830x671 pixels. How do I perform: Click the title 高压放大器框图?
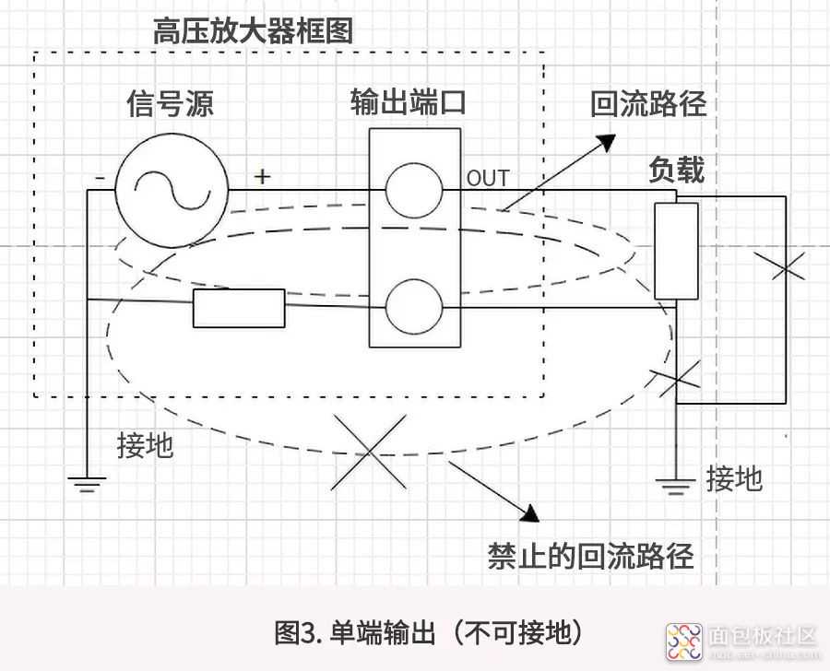(x=253, y=30)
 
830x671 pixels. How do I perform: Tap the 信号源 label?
(x=171, y=102)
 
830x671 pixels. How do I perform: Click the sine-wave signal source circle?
(x=171, y=191)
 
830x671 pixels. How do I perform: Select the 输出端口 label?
(x=408, y=101)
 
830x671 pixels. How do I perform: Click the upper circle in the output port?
(x=414, y=190)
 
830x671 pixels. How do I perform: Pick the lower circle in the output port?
(x=414, y=307)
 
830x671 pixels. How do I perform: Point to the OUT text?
(x=488, y=178)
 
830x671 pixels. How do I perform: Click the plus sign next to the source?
(x=263, y=176)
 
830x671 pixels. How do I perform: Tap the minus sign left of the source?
(x=100, y=179)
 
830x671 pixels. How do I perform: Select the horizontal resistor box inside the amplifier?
(x=239, y=308)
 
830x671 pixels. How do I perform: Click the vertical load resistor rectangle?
(x=676, y=251)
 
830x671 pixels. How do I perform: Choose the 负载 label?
(x=677, y=170)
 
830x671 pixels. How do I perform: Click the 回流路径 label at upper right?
(x=648, y=103)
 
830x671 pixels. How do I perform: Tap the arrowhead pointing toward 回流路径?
(x=607, y=142)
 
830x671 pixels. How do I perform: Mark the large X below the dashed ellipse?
(x=369, y=452)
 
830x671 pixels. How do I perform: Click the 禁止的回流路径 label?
(x=591, y=556)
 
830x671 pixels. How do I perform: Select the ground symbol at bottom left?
(x=87, y=484)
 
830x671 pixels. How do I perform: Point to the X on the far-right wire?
(x=787, y=266)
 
